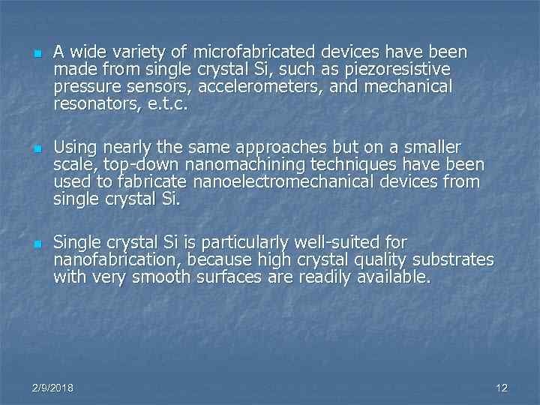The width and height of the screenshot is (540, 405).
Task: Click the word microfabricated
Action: tap(255, 52)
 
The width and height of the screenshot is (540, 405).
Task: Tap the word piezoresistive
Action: tap(408, 70)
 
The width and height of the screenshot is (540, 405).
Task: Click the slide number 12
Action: tap(502, 388)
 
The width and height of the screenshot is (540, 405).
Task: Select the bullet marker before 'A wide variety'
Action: tap(36, 55)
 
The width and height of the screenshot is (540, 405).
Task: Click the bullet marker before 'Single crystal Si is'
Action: tap(36, 244)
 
